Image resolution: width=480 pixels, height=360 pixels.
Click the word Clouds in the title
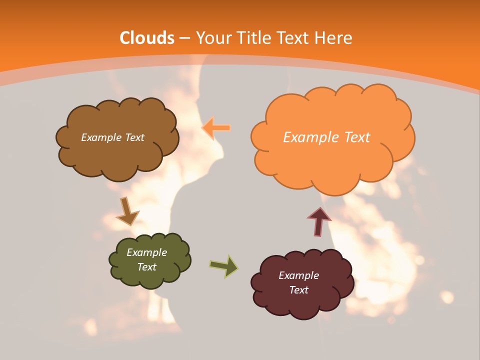pos(147,38)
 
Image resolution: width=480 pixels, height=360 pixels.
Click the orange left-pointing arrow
pos(216,128)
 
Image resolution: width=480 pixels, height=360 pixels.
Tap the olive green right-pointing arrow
pos(224,266)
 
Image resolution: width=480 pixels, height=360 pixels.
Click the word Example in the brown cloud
pos(101,137)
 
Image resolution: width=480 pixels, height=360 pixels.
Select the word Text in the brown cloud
pos(134,137)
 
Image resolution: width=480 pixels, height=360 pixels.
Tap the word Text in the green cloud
pos(147,267)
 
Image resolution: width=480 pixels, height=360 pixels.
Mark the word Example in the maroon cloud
pos(298,275)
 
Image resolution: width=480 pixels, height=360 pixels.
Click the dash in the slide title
pos(185,38)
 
